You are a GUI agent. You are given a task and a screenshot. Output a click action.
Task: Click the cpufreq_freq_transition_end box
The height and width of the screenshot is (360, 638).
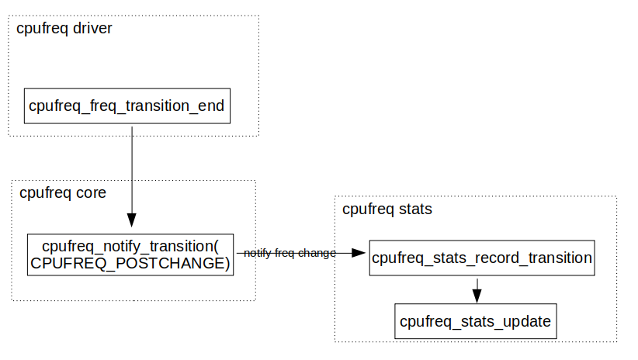coord(127,106)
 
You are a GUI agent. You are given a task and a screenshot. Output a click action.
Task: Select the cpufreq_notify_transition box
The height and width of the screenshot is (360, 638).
coord(130,254)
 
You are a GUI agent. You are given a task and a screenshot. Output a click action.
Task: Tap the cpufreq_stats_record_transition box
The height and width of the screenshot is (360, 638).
coord(481,258)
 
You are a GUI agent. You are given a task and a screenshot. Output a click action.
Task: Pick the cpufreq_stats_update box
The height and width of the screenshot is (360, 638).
coord(475,320)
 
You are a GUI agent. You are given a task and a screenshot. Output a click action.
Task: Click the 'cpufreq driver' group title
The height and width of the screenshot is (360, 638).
coord(64,29)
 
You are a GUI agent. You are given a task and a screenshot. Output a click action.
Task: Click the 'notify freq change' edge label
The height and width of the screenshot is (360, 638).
coord(290,253)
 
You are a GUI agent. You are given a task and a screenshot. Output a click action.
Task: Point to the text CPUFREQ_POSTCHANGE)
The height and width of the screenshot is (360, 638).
coord(130,264)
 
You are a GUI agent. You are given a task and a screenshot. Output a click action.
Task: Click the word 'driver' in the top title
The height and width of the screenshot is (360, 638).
coord(93,29)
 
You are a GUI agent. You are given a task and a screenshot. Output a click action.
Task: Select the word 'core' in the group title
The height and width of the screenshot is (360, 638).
coord(89,192)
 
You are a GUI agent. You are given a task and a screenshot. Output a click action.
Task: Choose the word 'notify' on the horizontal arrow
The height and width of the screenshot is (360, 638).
coord(256,253)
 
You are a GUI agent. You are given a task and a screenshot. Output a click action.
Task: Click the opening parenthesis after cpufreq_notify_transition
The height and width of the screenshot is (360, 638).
coord(217,247)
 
